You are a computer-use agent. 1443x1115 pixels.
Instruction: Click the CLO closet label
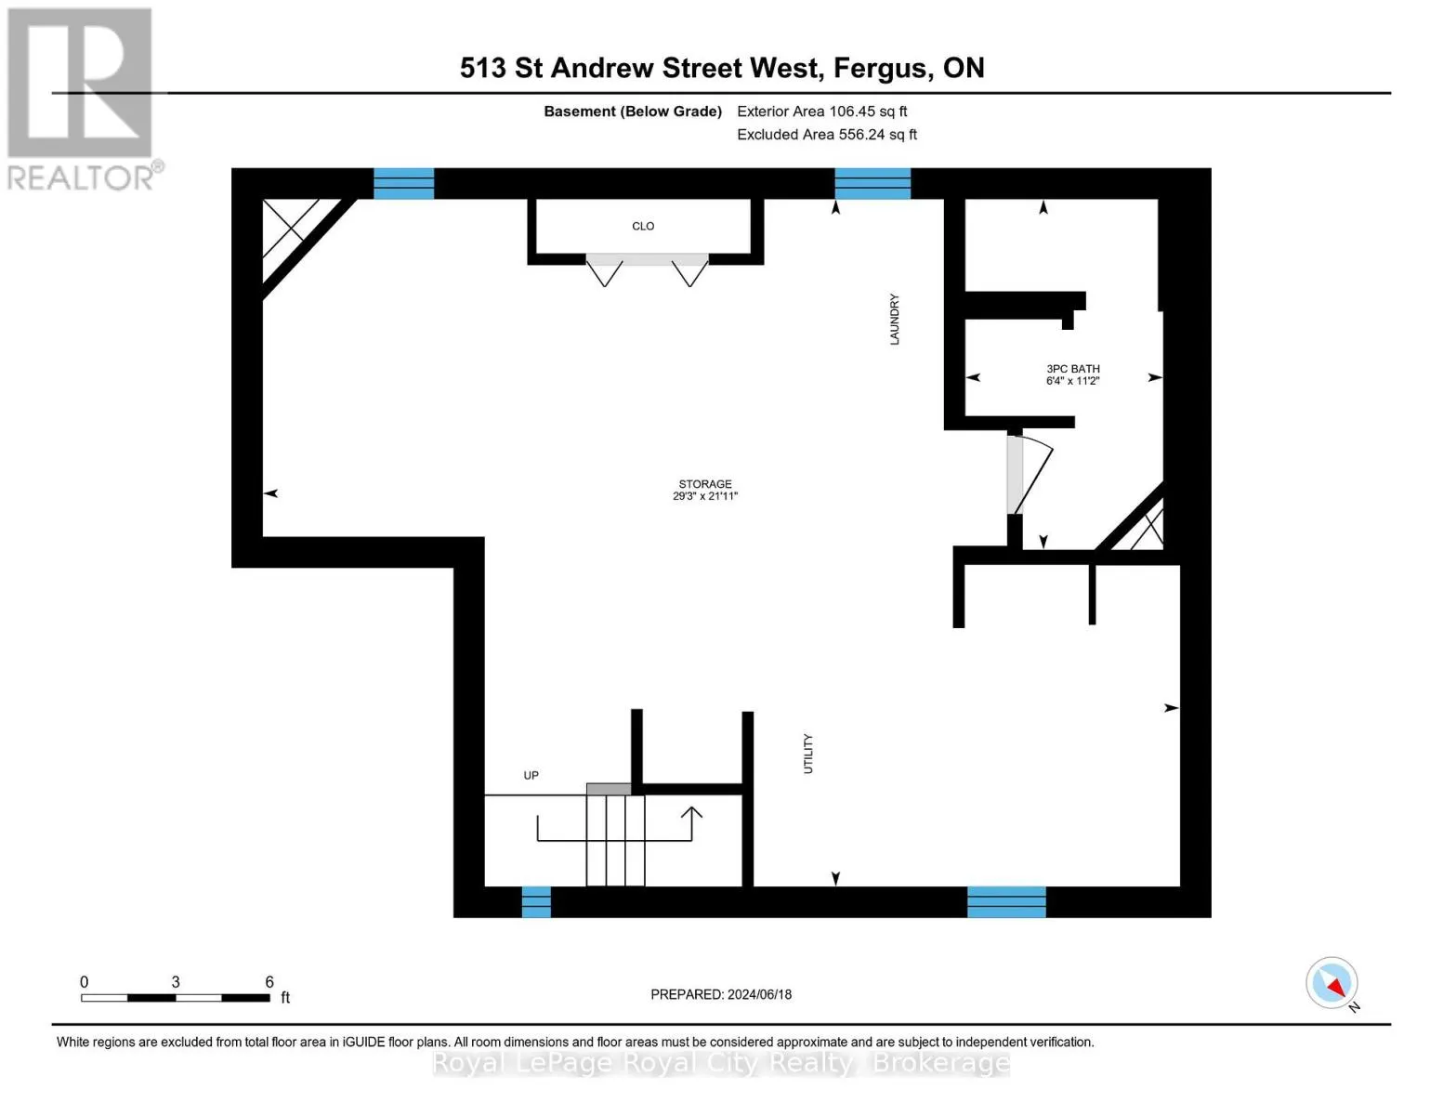(643, 226)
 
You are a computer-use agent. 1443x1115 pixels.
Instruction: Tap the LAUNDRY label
(895, 320)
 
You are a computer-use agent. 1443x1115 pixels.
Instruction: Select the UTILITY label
(807, 754)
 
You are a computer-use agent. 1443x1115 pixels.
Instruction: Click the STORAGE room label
(704, 484)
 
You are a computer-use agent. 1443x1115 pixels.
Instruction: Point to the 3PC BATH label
(1072, 369)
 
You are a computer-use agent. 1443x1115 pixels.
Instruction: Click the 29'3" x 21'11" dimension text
(704, 496)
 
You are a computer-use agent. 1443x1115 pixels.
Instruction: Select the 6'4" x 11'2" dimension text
(1072, 381)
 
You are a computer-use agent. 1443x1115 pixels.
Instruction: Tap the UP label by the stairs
(531, 775)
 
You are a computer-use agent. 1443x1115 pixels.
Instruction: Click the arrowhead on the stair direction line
(691, 813)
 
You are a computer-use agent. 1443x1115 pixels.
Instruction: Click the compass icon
(1331, 983)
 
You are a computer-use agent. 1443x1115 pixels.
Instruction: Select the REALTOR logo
(83, 98)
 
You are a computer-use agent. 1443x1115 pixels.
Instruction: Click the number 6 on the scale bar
(269, 982)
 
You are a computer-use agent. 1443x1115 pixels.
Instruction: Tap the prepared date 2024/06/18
(759, 994)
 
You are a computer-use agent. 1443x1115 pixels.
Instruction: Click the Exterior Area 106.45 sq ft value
(821, 111)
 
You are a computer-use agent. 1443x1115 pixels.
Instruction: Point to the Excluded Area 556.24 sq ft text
(826, 135)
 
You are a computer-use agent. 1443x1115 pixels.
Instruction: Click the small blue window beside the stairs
(536, 901)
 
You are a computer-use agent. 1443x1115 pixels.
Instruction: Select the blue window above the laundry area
(872, 183)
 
